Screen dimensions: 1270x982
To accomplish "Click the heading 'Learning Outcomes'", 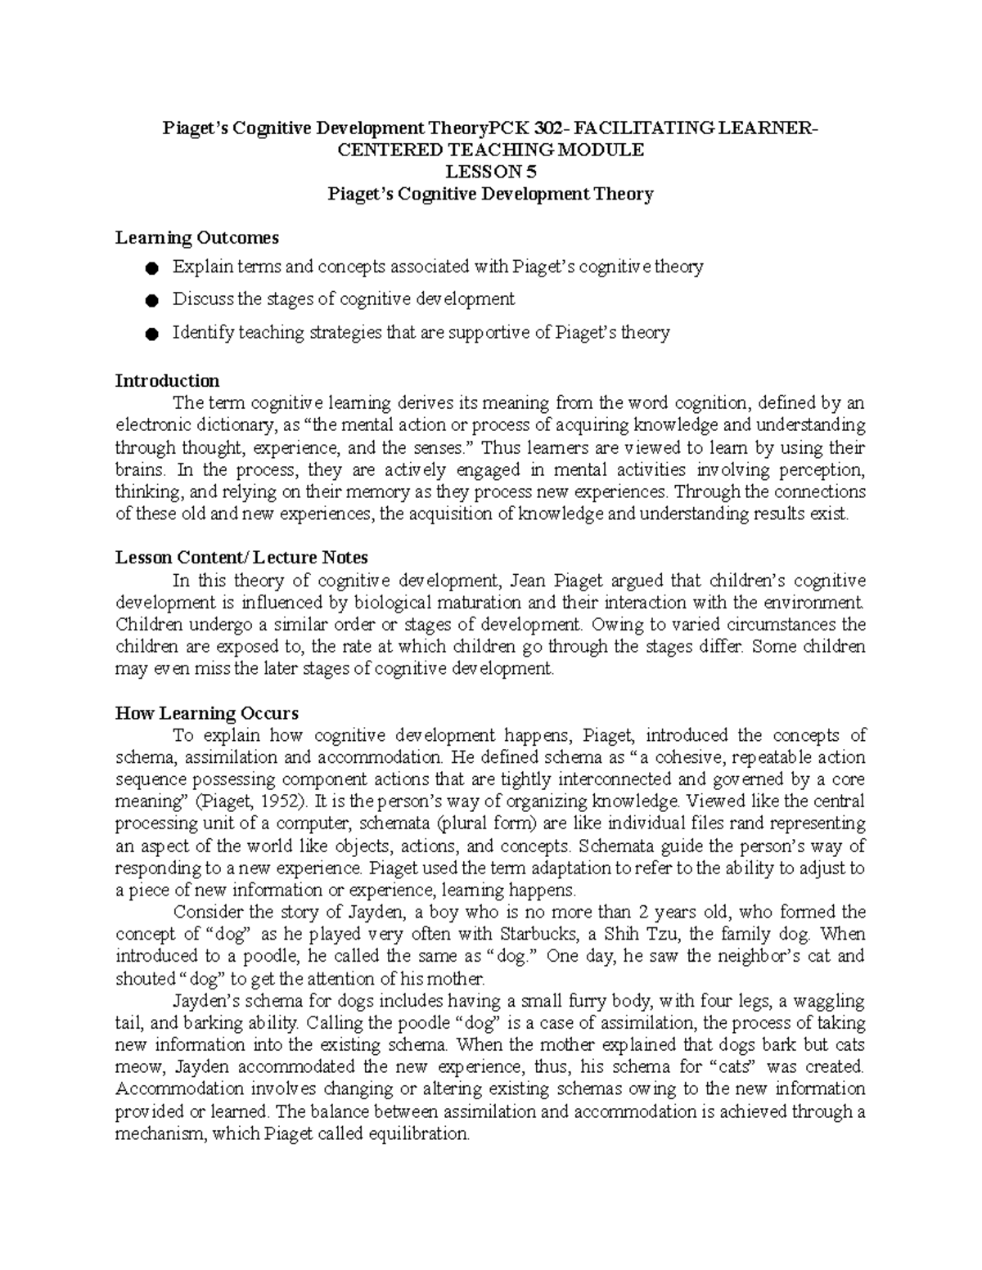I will click(196, 238).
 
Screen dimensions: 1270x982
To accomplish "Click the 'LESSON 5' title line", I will click(490, 172).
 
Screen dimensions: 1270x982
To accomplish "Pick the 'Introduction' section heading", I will click(167, 381).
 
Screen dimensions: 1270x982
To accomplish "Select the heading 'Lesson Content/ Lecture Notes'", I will click(241, 558).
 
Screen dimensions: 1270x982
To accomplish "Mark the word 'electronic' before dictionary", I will click(152, 425).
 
